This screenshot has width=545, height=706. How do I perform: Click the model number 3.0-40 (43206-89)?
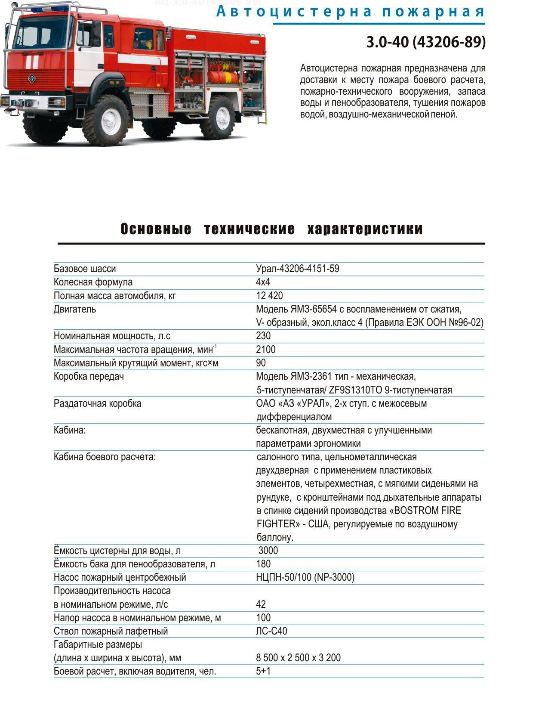425,42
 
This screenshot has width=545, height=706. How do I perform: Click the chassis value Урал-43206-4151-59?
297,269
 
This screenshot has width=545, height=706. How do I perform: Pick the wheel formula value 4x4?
263,282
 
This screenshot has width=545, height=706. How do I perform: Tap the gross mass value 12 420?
269,296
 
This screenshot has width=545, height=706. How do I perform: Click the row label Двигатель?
75,309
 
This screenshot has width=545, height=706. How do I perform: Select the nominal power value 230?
263,336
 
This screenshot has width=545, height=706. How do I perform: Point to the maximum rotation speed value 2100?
265,350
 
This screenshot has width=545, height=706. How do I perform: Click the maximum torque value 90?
261,363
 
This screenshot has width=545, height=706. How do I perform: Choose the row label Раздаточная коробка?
97,403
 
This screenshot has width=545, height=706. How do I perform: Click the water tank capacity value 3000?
268,551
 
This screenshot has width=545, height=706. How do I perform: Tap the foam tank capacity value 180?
263,564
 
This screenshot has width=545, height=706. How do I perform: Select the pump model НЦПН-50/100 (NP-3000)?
305,577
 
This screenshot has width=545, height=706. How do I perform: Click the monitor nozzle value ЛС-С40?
271,631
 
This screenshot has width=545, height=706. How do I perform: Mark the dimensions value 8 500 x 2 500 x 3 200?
298,658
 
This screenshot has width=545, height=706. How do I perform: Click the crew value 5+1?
263,671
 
